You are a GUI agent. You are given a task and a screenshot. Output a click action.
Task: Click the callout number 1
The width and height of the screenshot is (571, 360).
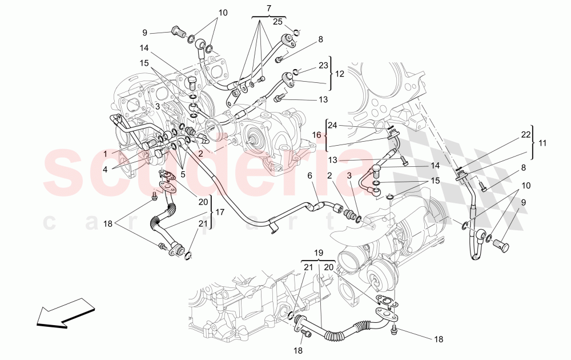(x=105, y=154)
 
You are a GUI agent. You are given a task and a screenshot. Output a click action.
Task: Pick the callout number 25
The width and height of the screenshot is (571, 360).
(x=278, y=22)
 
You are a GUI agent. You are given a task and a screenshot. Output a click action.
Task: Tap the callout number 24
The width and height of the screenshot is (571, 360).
(x=332, y=125)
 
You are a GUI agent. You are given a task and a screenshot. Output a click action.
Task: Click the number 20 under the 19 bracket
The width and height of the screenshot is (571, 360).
(x=328, y=267)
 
